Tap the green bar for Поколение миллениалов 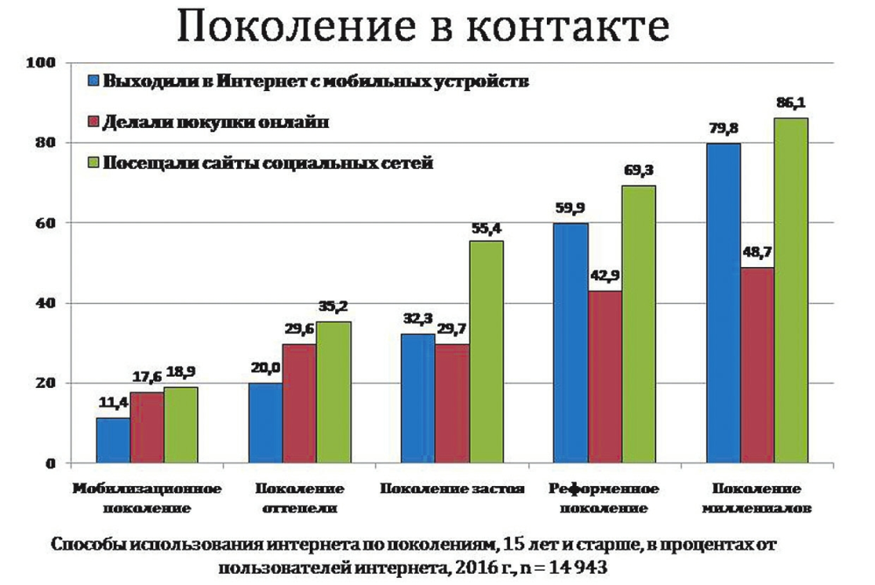pos(791,290)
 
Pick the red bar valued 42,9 pos(605,377)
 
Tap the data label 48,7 pos(757,253)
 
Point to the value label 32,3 pos(417,320)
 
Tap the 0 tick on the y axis pos(51,463)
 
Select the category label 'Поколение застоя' pos(451,488)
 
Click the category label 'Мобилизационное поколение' pos(147,497)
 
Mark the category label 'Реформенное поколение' pos(605,497)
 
